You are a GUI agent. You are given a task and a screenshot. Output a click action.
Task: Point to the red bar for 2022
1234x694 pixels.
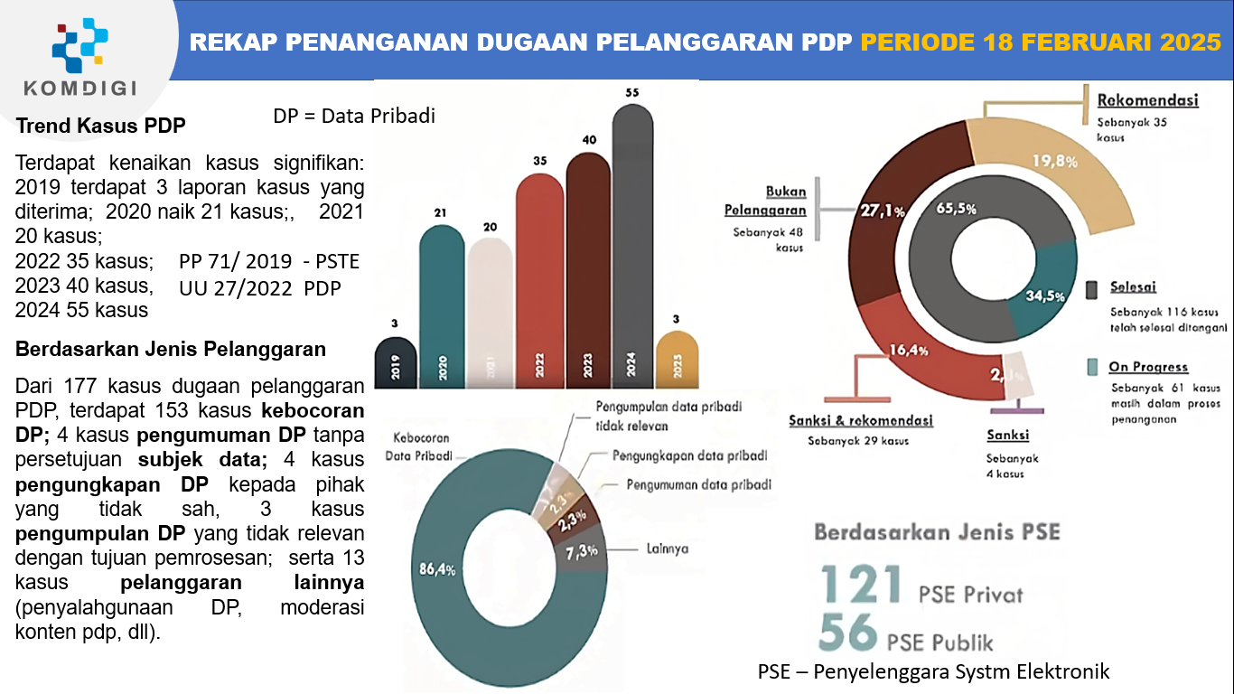[539, 280]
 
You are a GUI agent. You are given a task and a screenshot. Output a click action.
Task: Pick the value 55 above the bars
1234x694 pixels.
[632, 93]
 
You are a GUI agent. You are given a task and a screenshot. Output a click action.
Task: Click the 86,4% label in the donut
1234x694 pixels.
[436, 570]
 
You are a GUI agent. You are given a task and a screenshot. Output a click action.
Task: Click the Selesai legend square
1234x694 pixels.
[1092, 289]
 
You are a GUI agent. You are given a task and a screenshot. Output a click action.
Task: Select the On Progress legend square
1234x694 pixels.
[1092, 367]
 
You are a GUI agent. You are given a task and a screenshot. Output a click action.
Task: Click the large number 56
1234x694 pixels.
[848, 633]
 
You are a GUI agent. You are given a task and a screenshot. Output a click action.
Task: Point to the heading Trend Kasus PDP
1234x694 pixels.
[101, 126]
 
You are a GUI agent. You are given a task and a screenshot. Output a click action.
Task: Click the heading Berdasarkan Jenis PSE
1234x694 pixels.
[937, 531]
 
